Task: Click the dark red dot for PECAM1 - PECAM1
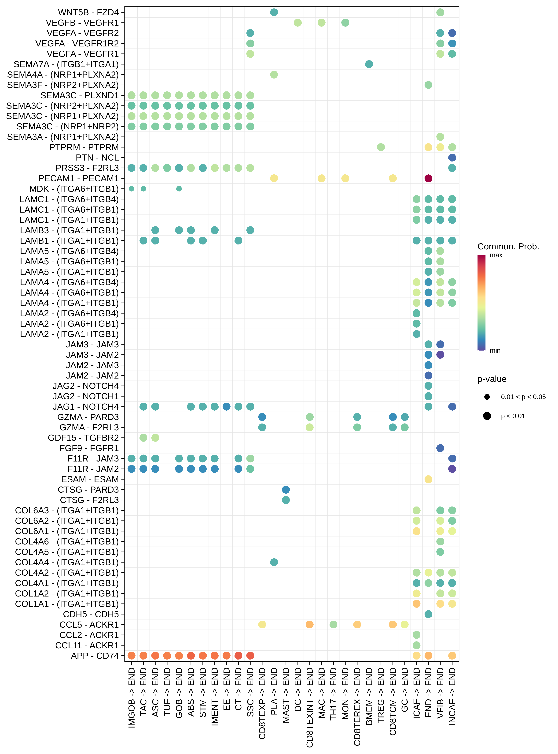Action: tap(428, 178)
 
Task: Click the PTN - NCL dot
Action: tap(452, 158)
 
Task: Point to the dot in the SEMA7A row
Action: tap(369, 64)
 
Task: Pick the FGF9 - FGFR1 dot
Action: tap(440, 448)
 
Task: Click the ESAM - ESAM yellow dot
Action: tap(428, 479)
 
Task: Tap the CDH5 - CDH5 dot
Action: tap(428, 614)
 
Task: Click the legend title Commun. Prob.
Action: tap(508, 247)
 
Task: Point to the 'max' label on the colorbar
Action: tap(496, 255)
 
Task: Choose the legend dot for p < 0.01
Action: tap(487, 416)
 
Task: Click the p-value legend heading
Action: tap(492, 379)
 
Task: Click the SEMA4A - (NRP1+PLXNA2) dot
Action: tap(274, 74)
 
